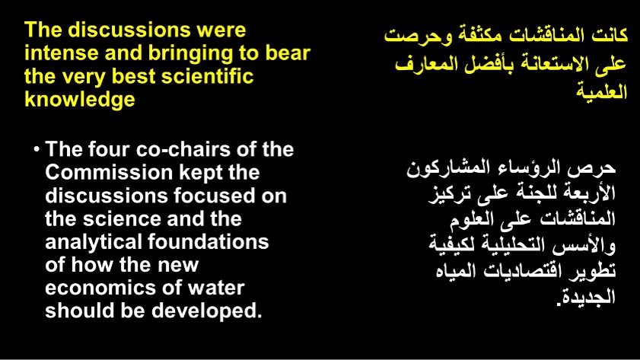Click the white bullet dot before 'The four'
(37, 149)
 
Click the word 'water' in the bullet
(216, 288)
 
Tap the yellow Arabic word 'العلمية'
(601, 91)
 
